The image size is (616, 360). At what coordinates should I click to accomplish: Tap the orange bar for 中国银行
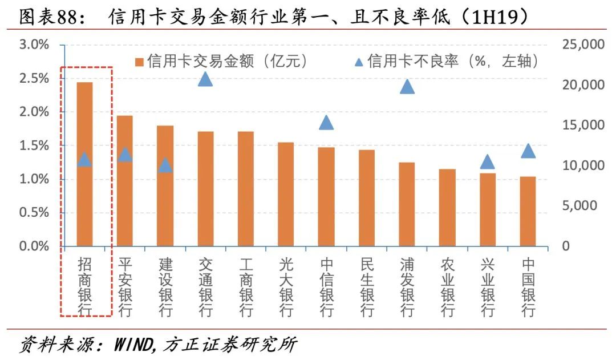click(x=528, y=212)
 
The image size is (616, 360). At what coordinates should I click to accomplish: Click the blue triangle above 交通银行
click(x=205, y=79)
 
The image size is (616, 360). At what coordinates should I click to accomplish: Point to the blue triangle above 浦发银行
click(x=407, y=86)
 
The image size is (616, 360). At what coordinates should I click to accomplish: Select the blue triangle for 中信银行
click(x=326, y=122)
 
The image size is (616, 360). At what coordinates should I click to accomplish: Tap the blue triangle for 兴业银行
click(x=487, y=161)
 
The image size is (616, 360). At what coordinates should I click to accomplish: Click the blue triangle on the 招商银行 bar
click(x=84, y=159)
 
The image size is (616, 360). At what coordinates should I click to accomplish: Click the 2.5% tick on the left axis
click(x=34, y=78)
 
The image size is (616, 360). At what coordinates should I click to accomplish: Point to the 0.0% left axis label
click(x=34, y=246)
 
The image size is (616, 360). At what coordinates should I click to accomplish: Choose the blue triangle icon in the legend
click(x=359, y=61)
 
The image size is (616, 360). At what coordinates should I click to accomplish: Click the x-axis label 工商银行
click(x=246, y=287)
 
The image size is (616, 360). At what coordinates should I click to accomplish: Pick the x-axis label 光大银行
click(x=286, y=287)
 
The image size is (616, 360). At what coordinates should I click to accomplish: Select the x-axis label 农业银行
click(x=448, y=287)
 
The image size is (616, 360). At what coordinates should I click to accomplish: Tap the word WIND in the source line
click(x=133, y=345)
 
